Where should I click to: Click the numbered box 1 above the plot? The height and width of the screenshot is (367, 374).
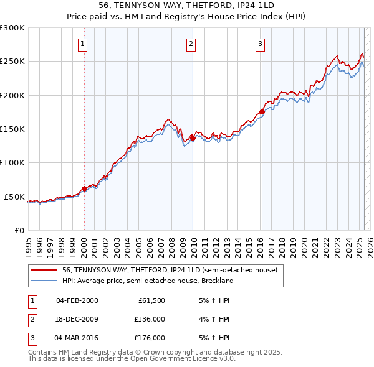83,44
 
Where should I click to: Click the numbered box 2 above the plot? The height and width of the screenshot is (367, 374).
191,44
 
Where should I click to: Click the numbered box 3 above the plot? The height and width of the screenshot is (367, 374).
259,44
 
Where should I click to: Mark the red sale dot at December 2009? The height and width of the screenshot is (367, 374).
193,139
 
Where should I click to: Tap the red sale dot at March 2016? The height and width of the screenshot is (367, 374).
261,113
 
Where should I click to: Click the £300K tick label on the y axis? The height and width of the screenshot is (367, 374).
12,28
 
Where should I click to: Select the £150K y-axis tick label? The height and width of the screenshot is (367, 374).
12,129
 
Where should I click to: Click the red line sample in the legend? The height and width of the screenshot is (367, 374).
44,271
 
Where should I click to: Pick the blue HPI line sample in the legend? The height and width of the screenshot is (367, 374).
44,281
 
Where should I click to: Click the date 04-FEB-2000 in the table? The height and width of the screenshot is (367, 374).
77,300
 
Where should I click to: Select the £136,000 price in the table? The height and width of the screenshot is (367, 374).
150,319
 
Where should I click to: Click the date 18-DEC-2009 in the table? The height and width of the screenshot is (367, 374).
77,319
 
